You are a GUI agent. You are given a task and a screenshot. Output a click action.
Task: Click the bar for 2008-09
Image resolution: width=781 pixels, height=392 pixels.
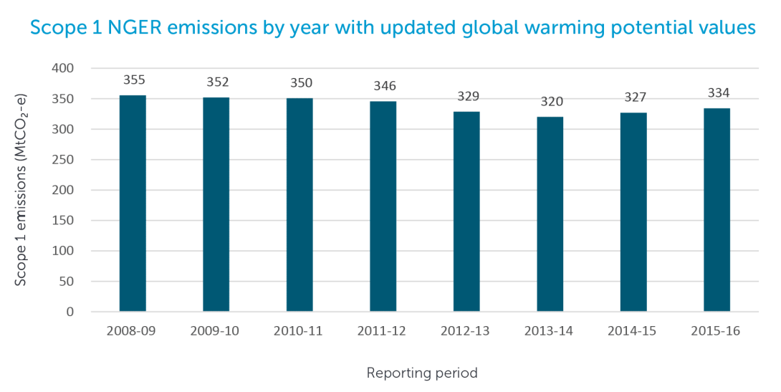click(133, 204)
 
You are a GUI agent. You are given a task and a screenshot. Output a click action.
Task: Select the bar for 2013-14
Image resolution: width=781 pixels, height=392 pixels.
click(550, 214)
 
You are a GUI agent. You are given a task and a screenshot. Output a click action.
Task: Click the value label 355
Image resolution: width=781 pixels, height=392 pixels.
click(133, 80)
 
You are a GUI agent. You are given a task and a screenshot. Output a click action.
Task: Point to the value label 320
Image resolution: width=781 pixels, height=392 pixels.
click(550, 102)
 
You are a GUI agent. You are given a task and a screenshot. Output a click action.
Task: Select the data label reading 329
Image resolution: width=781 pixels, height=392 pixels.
click(467, 96)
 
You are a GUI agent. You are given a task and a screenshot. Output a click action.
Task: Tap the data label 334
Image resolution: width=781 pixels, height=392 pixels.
click(717, 93)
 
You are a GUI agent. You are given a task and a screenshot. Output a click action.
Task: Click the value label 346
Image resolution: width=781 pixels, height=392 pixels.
click(383, 86)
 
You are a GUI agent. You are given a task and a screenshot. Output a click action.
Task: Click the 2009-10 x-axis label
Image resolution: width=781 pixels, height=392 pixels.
click(216, 332)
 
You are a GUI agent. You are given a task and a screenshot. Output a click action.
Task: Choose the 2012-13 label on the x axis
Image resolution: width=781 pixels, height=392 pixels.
click(467, 332)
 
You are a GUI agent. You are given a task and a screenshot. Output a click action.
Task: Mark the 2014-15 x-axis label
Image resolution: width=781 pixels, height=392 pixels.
click(633, 332)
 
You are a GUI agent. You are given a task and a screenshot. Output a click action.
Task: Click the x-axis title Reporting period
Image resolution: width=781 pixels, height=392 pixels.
click(421, 373)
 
